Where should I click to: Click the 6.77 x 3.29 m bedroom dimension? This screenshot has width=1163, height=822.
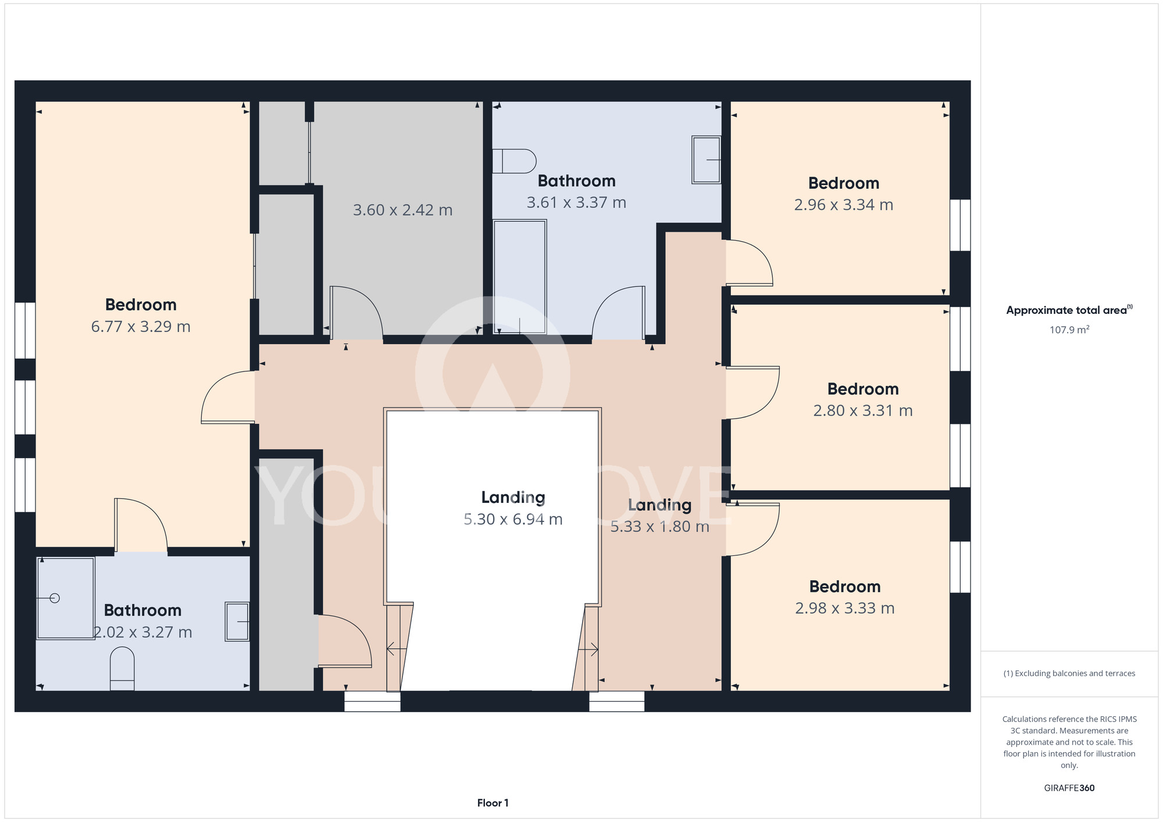click(141, 327)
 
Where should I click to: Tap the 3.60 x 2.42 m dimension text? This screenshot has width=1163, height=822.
click(402, 210)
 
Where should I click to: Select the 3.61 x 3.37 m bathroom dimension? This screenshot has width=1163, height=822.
click(576, 202)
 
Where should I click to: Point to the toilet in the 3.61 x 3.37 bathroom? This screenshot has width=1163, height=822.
click(514, 161)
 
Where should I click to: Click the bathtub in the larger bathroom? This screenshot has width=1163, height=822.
click(519, 277)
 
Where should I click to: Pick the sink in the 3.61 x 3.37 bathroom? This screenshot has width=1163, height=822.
click(706, 160)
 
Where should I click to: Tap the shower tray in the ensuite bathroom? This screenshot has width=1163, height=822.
click(65, 598)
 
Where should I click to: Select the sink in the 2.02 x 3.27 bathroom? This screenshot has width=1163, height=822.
click(237, 621)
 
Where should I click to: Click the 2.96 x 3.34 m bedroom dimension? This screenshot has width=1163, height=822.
click(844, 205)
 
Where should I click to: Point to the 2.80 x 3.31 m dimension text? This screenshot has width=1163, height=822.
click(863, 410)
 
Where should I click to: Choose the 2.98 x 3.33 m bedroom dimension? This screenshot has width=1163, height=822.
click(845, 608)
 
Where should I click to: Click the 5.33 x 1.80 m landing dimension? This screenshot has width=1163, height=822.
click(659, 527)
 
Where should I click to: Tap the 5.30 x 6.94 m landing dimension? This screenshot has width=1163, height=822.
click(513, 519)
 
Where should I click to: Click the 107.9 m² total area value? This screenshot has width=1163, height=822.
click(1069, 330)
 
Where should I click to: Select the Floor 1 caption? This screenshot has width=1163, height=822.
click(493, 803)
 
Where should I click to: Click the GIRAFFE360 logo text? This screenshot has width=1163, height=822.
click(1069, 788)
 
